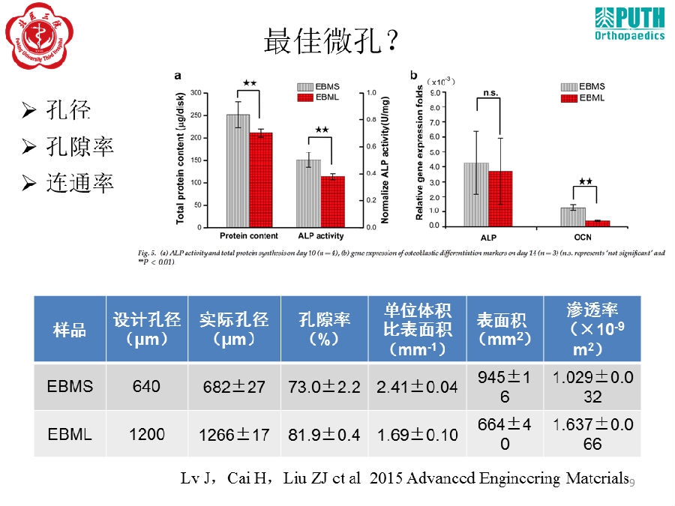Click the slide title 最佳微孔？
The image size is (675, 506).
(330, 41)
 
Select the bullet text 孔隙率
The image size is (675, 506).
(79, 146)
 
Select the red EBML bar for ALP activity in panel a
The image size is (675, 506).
(332, 202)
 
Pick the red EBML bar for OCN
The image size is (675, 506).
(597, 223)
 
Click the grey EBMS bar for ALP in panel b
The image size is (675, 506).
(476, 194)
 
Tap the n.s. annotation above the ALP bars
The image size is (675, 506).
(490, 93)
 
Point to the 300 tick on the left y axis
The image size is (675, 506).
(196, 93)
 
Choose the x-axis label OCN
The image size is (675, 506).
(584, 237)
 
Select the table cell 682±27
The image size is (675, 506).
(234, 387)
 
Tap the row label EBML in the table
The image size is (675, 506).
(70, 433)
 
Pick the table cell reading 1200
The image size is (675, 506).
(146, 433)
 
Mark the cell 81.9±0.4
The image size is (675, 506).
(324, 434)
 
